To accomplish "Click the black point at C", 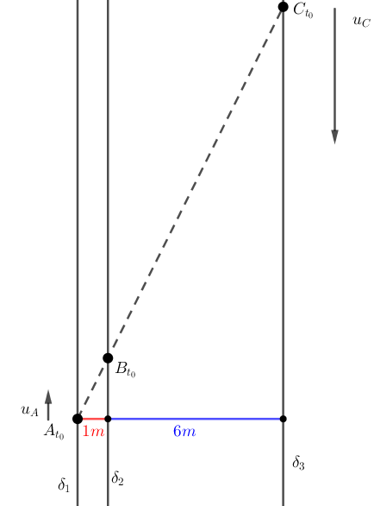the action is [283, 6].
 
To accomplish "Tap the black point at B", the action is [108, 357].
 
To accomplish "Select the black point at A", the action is [78, 419].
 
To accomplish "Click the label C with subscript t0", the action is [303, 11].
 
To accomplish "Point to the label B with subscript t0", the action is [125, 370].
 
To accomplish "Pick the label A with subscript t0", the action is [54, 432].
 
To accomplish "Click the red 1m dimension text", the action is [93, 431].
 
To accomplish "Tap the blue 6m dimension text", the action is [184, 431].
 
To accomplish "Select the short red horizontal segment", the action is [94, 419].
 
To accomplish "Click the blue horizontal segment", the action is [196, 419].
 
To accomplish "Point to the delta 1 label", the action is [64, 484].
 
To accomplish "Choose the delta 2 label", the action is [117, 478].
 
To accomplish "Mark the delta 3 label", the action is [298, 463].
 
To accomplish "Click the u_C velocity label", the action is [362, 22].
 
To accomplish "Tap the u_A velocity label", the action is [29, 411].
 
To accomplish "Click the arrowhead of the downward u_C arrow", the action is [335, 137].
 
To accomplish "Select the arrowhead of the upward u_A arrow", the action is [48, 397].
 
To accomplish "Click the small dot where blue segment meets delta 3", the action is [284, 419].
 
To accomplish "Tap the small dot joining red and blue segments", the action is [108, 419].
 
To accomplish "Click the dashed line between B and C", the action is [196, 182].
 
